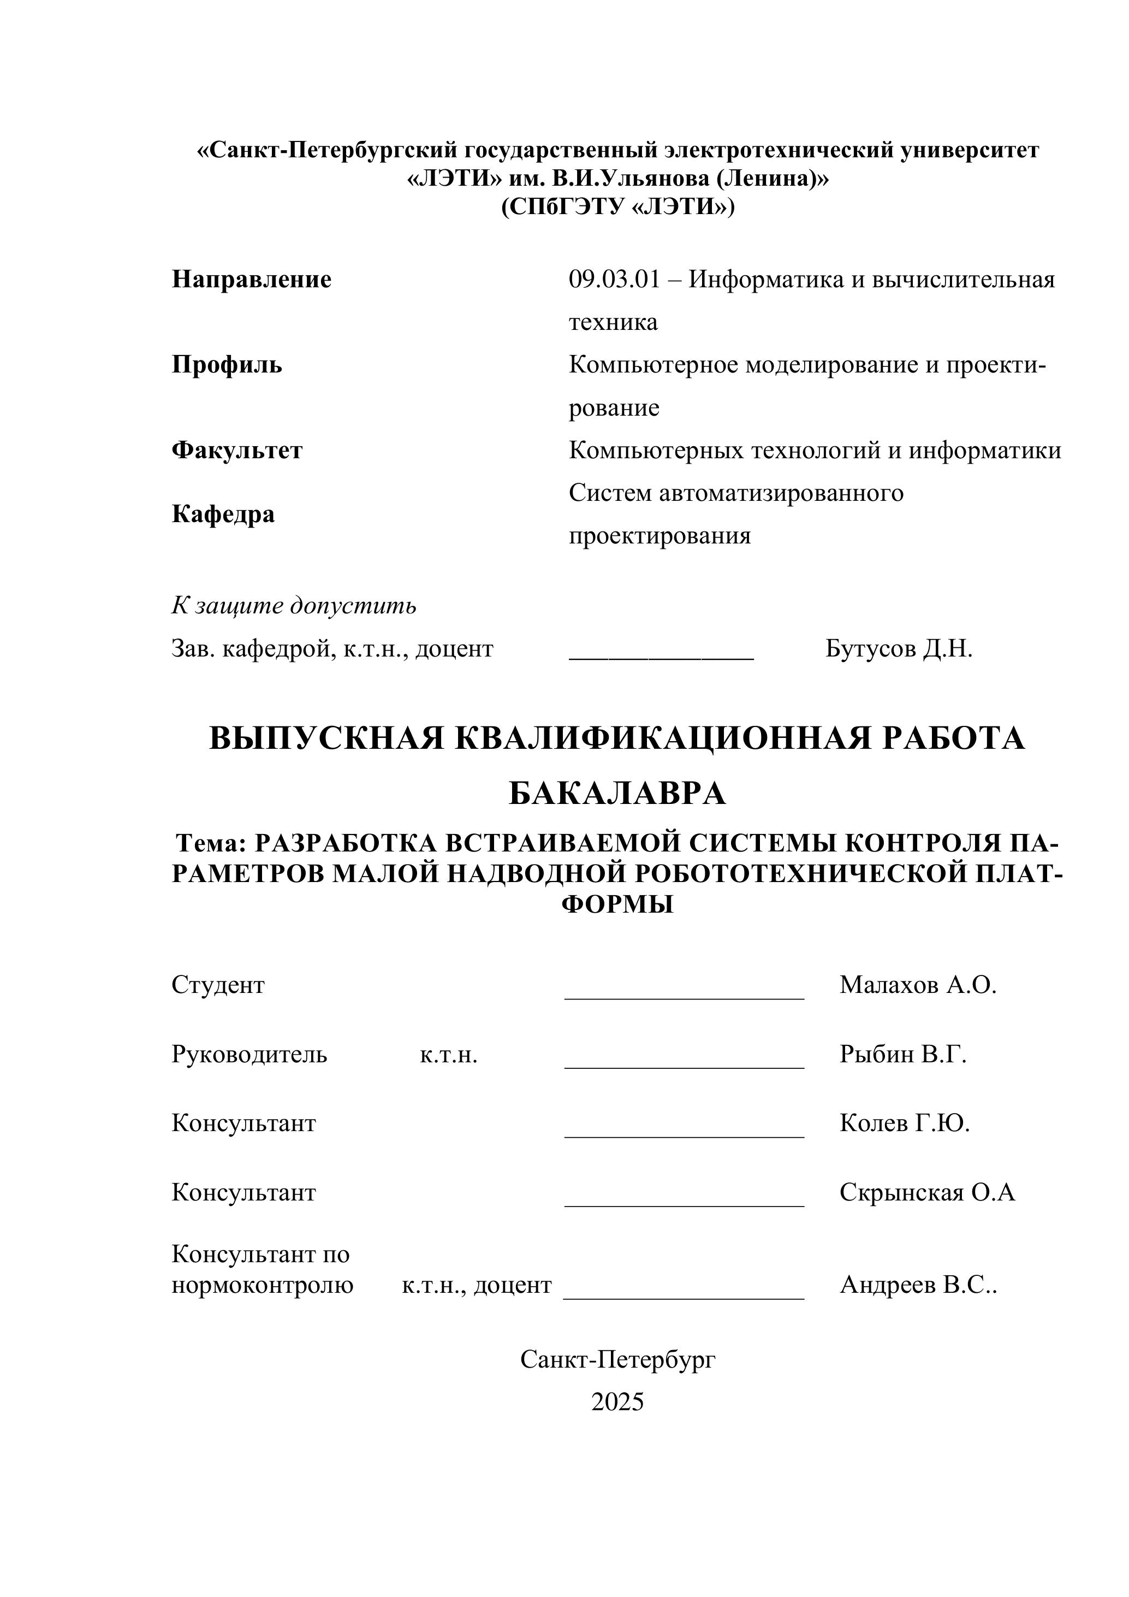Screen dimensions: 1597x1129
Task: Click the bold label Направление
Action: [x=252, y=280]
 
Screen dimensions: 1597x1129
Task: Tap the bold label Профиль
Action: [x=227, y=364]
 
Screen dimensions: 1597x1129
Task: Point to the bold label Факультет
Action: [x=237, y=450]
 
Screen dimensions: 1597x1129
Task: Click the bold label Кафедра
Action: [x=223, y=514]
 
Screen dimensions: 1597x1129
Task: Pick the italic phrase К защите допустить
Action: [x=294, y=606]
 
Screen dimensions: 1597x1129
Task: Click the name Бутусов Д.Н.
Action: [x=899, y=648]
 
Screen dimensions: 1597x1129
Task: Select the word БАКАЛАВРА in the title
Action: [x=617, y=794]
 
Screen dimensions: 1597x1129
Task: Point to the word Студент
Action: [x=218, y=985]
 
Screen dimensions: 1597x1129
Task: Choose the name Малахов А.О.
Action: [x=918, y=985]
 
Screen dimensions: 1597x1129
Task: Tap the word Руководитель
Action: [x=249, y=1055]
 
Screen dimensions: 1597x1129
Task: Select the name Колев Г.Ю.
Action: [x=905, y=1122]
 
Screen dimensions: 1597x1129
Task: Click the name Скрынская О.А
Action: [x=926, y=1192]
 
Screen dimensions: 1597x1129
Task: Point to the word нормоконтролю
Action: [x=263, y=1285]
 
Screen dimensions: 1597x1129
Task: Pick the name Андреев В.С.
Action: [x=918, y=1285]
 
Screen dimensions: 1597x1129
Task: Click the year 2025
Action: [x=617, y=1401]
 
